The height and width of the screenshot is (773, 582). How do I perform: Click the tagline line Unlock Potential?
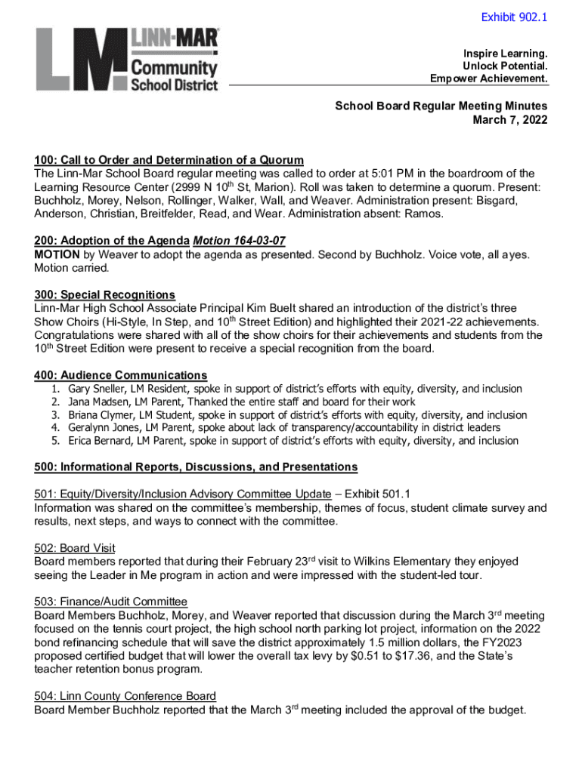point(505,66)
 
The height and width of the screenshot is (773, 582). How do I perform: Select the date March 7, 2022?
point(510,120)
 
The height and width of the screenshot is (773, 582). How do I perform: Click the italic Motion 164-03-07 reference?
point(240,241)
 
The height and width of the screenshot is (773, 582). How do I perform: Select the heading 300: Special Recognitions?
point(104,294)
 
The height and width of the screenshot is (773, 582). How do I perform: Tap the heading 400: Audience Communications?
point(120,375)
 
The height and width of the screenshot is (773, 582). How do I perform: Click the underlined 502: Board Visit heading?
point(74,548)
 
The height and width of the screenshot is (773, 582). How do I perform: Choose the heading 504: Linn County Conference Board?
point(125,696)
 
